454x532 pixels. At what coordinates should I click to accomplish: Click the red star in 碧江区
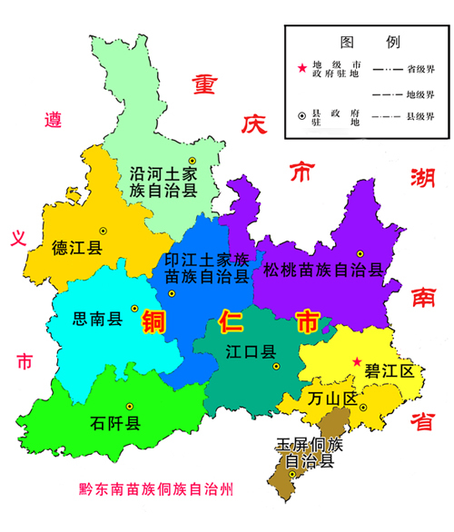pyautogui.click(x=358, y=360)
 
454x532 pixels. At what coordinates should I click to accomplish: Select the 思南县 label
pyautogui.click(x=97, y=319)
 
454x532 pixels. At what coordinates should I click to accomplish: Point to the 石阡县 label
pyautogui.click(x=114, y=423)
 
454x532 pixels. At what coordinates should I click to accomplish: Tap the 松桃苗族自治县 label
pyautogui.click(x=323, y=270)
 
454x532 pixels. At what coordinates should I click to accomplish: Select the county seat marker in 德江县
pyautogui.click(x=103, y=230)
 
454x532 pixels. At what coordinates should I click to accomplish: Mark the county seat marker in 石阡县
pyautogui.click(x=130, y=406)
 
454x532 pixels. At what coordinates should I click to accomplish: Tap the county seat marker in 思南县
pyautogui.click(x=134, y=307)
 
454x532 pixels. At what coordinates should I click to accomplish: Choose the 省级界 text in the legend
pyautogui.click(x=422, y=69)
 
